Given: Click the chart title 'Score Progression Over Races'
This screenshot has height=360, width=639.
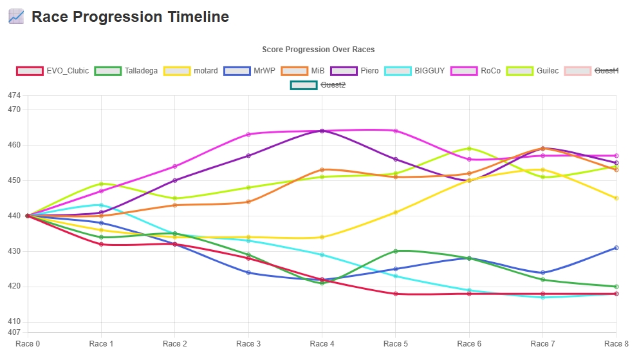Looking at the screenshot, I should click(318, 50).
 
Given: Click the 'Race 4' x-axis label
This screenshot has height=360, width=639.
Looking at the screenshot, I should click(322, 344).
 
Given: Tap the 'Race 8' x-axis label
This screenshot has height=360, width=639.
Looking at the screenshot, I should click(616, 344).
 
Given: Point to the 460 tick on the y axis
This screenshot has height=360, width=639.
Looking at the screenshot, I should click(14, 145).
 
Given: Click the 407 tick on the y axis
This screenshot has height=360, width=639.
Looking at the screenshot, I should click(14, 332).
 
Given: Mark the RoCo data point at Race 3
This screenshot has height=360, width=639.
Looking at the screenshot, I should click(248, 134).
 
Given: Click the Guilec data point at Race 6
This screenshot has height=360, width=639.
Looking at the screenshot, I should click(469, 149).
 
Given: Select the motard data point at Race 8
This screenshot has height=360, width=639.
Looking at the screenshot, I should click(616, 198).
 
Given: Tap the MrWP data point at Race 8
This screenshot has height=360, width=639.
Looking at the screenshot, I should click(616, 247).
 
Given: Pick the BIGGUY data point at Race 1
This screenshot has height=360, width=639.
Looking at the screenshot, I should click(101, 205).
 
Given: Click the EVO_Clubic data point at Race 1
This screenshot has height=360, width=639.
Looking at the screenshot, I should click(101, 244).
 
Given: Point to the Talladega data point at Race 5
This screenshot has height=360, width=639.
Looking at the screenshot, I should click(396, 251).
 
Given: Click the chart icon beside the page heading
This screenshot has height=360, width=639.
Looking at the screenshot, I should click(16, 17).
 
